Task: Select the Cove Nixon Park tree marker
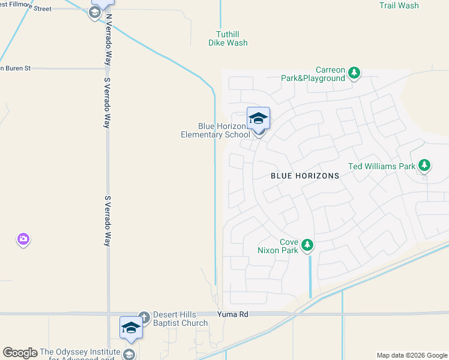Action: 307,245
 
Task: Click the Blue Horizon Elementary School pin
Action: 258,119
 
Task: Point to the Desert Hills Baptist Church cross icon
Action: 143,317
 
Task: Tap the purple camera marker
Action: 23,240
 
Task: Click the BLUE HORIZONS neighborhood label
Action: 305,176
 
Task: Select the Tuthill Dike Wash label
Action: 228,38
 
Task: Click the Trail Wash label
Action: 399,5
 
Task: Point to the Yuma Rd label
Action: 229,314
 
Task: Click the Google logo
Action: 20,353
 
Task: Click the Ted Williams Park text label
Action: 382,166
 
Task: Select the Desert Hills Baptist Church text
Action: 180,319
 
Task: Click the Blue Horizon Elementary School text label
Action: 215,130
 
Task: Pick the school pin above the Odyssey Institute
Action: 130,328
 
